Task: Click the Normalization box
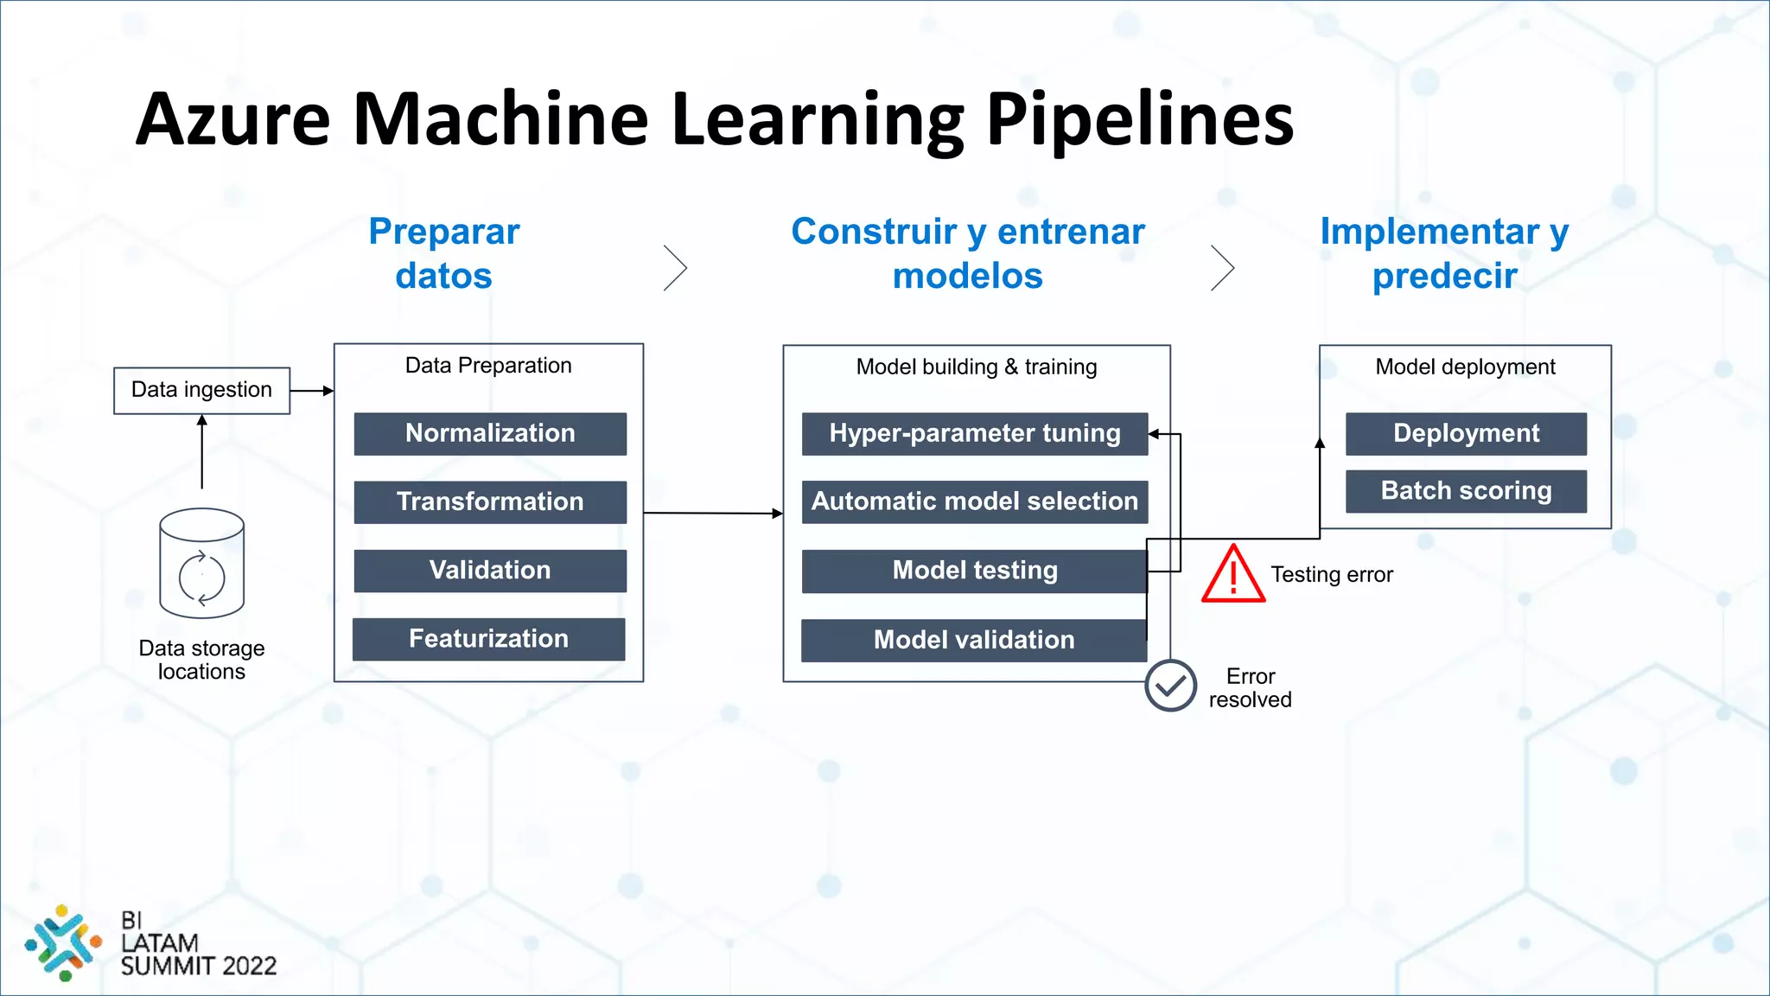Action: click(x=490, y=433)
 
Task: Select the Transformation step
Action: click(x=490, y=501)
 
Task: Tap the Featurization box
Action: click(x=488, y=639)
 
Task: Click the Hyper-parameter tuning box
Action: click(x=974, y=433)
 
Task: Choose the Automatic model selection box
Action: click(x=974, y=501)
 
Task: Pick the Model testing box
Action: click(x=974, y=571)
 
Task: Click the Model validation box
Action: click(x=973, y=640)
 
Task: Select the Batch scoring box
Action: click(x=1466, y=491)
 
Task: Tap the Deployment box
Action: click(x=1466, y=433)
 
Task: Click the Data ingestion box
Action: click(x=201, y=390)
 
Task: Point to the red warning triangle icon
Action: click(x=1233, y=575)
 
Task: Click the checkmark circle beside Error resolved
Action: click(x=1170, y=686)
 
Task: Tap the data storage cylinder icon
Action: click(x=202, y=563)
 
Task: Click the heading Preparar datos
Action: click(x=443, y=253)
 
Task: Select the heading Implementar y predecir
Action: click(x=1444, y=253)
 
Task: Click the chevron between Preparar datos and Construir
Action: click(x=676, y=268)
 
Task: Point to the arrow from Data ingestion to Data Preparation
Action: click(x=312, y=391)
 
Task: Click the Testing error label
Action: click(x=1331, y=575)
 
